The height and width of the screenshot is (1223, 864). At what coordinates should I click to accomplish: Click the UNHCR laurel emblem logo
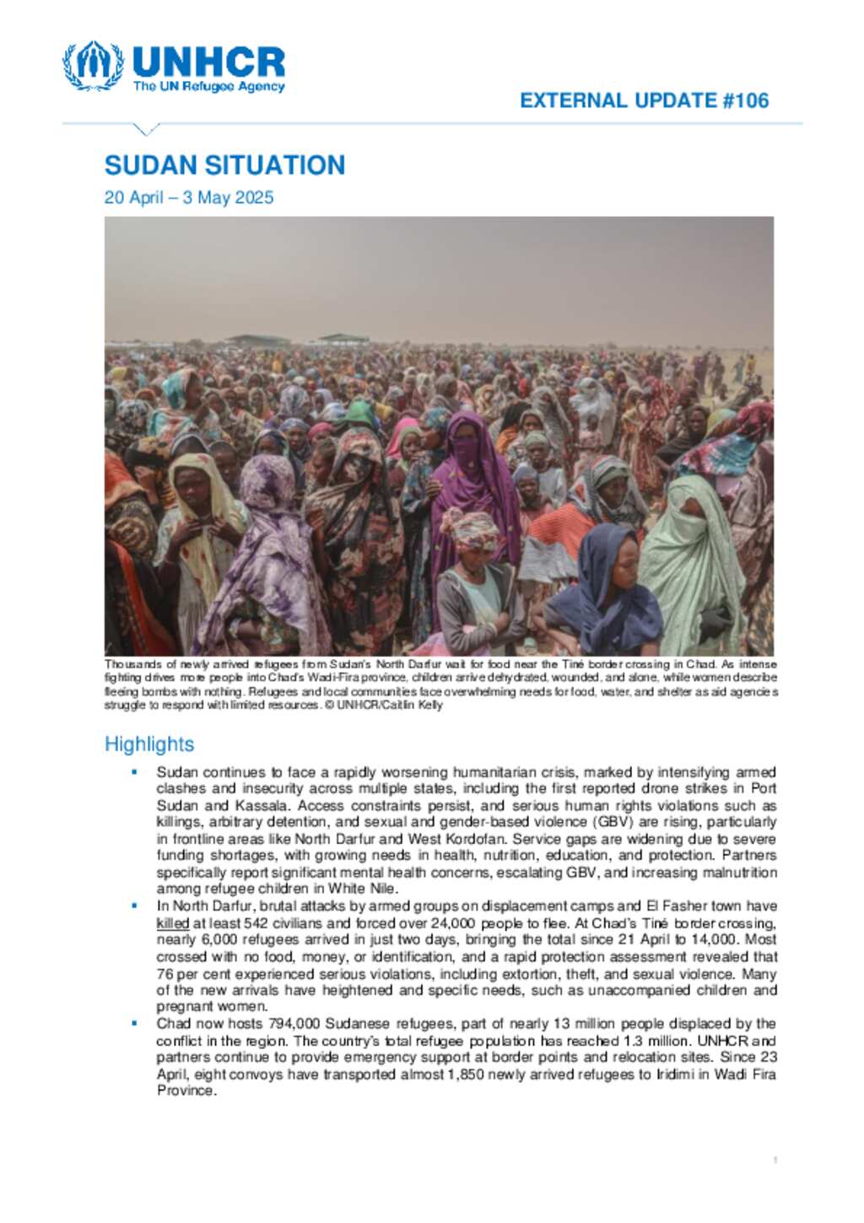pyautogui.click(x=92, y=65)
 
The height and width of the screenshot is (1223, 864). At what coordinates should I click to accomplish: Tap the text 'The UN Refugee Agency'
pyautogui.click(x=208, y=86)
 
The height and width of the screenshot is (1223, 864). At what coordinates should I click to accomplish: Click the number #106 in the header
pyautogui.click(x=746, y=100)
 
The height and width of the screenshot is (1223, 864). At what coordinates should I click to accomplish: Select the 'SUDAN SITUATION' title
pyautogui.click(x=224, y=165)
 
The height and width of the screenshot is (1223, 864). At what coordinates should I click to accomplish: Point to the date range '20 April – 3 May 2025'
pyautogui.click(x=189, y=198)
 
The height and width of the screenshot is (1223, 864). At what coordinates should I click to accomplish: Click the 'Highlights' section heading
pyautogui.click(x=149, y=744)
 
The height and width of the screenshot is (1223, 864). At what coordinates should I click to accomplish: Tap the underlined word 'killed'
pyautogui.click(x=172, y=923)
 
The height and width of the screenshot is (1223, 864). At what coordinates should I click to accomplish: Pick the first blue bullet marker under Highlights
pyautogui.click(x=134, y=771)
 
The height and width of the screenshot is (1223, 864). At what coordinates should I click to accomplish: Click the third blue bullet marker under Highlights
pyautogui.click(x=134, y=1023)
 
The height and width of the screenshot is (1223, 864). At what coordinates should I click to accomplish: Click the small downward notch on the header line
pyautogui.click(x=147, y=129)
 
